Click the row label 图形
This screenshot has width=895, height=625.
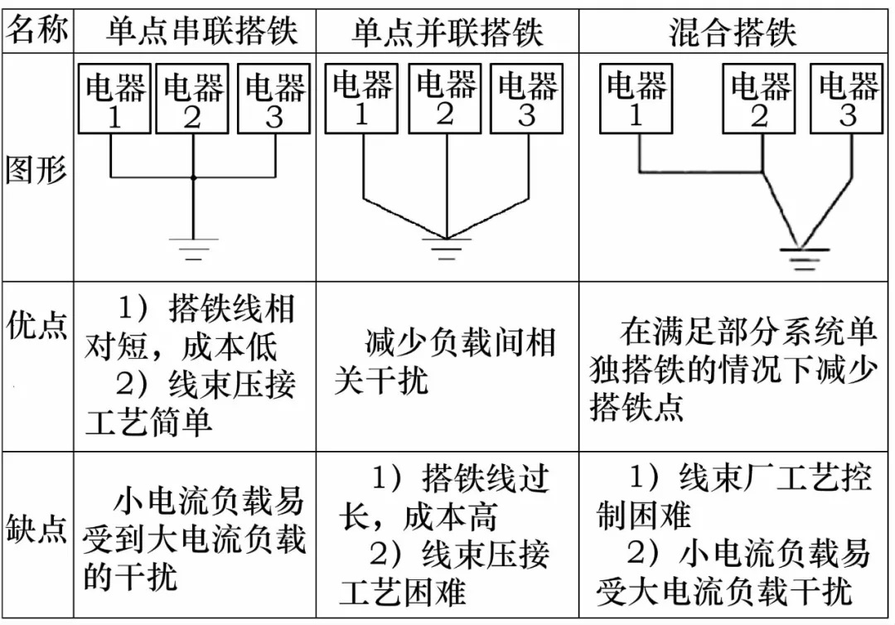[x=36, y=170]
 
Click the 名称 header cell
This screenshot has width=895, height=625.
[x=36, y=32]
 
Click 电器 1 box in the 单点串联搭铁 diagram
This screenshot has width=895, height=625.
[x=114, y=99]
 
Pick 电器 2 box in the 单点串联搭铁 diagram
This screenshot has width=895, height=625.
[x=192, y=99]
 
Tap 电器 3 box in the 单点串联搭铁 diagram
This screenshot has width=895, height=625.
[x=273, y=99]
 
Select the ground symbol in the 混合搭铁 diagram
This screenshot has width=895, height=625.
[x=802, y=259]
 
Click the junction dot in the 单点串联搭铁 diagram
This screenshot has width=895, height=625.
[x=193, y=177]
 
